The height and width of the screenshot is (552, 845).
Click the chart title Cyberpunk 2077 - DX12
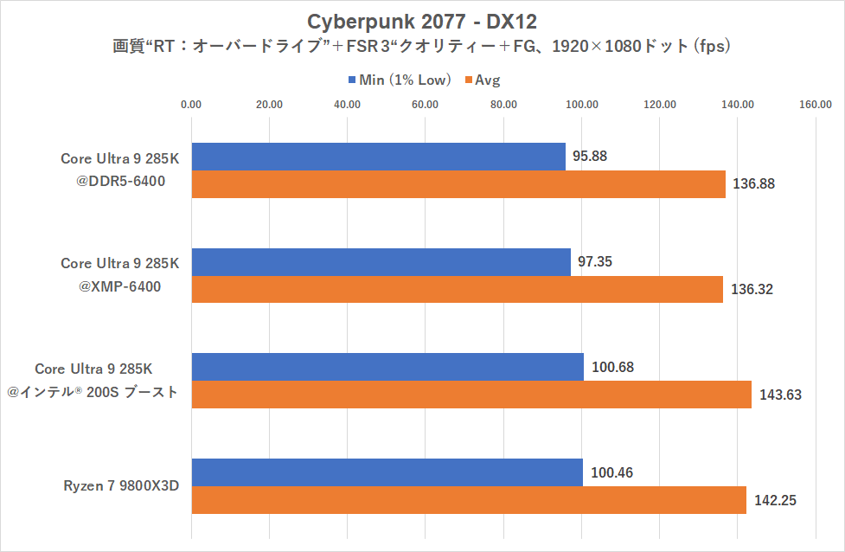tap(422, 20)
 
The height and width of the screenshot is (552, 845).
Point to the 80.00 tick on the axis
tap(503, 105)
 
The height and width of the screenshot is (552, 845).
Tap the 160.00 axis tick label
tap(816, 105)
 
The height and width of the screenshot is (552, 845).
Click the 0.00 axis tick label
tap(191, 105)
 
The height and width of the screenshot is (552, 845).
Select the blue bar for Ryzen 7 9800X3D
tap(387, 472)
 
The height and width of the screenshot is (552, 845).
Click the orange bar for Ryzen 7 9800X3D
tap(468, 500)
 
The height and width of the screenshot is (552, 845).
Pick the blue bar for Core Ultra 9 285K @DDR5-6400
tap(378, 157)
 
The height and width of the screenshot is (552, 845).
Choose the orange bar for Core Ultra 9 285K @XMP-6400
tap(457, 289)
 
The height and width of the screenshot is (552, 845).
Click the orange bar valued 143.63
tap(471, 395)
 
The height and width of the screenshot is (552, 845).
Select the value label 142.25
tap(776, 500)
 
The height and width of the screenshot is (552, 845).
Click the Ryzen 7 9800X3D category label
tap(120, 485)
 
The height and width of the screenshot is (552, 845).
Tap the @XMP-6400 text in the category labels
tap(120, 286)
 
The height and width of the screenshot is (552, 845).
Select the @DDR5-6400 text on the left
tap(120, 181)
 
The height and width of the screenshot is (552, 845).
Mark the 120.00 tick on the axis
tap(659, 105)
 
